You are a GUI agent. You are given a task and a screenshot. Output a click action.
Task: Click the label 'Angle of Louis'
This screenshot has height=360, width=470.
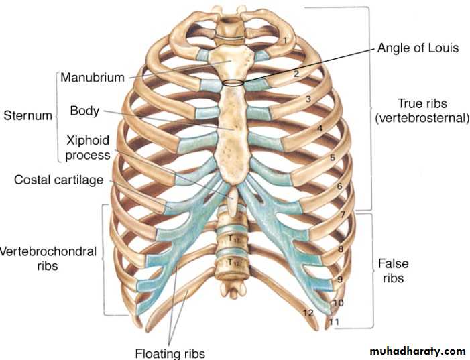[418, 48]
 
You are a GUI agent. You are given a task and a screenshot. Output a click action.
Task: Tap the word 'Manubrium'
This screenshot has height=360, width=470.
[93, 77]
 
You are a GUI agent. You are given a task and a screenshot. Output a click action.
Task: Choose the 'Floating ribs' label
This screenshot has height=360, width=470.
[170, 353]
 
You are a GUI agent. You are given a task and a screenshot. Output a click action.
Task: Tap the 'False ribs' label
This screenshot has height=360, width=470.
[393, 270]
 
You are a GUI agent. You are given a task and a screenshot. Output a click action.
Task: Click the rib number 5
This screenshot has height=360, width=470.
[332, 158]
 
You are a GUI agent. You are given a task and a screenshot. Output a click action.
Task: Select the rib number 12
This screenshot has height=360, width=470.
[308, 312]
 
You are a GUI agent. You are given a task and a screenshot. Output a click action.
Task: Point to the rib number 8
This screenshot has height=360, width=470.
[341, 249]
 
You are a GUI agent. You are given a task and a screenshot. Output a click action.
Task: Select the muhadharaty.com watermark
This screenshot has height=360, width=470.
[417, 351]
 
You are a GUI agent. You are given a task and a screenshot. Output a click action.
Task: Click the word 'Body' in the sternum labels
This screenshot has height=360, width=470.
[84, 111]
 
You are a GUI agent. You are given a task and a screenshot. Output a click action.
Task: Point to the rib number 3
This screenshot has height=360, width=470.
[308, 99]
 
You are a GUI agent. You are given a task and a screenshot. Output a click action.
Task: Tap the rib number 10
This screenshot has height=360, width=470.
[338, 303]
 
